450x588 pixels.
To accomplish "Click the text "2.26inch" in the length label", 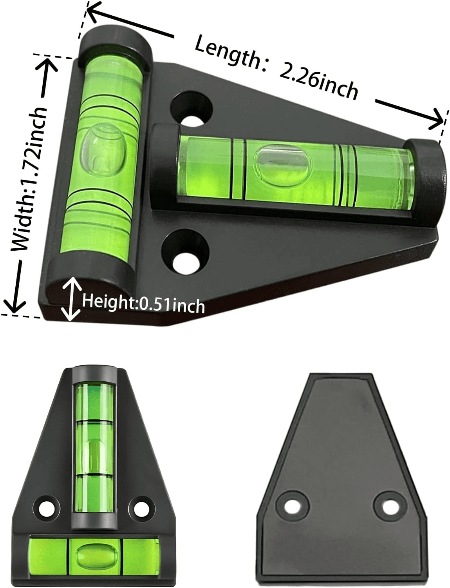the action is [x=318, y=83].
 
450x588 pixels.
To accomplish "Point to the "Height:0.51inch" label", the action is [x=143, y=304].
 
